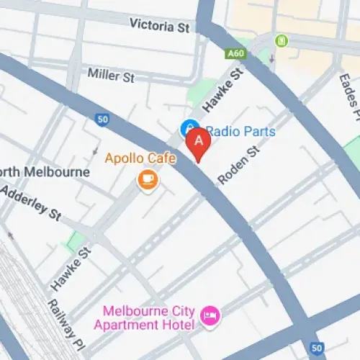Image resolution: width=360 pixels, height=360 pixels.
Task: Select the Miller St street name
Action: click(x=112, y=73)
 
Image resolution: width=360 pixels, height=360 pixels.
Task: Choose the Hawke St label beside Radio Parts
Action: click(x=220, y=92)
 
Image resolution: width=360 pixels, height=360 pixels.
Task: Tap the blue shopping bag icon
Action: click(x=189, y=128)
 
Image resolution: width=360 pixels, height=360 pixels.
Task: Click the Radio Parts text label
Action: click(x=242, y=132)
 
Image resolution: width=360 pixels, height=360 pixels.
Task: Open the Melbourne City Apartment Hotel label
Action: click(x=149, y=318)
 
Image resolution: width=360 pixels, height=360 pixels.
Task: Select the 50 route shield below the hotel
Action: click(x=316, y=348)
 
